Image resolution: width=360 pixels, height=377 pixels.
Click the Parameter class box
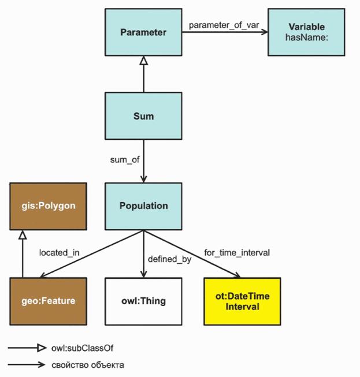(143, 32)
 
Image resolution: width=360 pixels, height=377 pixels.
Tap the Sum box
(143, 116)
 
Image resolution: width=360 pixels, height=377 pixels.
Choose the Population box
(143, 206)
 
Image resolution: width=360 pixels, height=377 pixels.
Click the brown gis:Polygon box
(48, 206)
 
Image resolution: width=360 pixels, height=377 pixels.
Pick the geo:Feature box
(48, 301)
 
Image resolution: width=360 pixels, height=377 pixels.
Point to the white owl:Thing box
(143, 301)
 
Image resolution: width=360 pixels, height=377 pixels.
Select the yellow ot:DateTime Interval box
(242, 301)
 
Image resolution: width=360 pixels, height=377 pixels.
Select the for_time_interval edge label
(237, 253)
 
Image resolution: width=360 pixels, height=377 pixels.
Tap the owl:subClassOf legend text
(78, 348)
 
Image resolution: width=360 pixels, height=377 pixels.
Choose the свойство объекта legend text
(87, 365)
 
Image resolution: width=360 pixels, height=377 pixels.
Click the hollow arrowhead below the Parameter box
(143, 60)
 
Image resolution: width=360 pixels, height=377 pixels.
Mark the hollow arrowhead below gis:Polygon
(22, 234)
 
